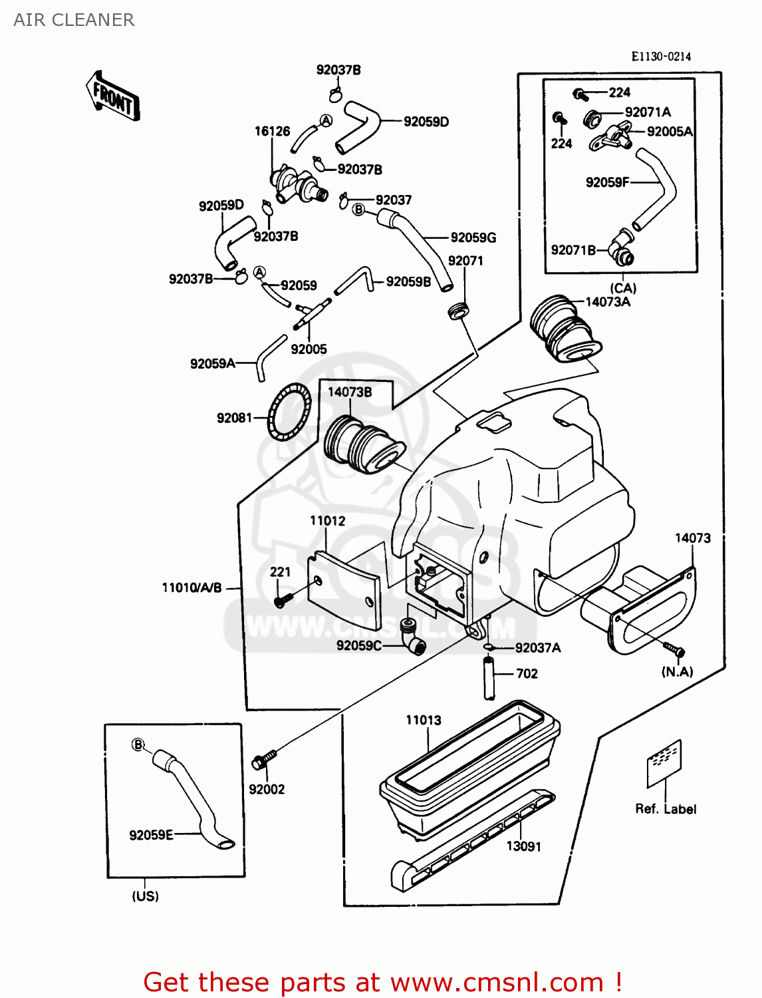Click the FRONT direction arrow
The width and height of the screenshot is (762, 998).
click(x=112, y=96)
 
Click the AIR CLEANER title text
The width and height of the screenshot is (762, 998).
click(x=74, y=20)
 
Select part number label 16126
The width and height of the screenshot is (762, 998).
click(x=272, y=131)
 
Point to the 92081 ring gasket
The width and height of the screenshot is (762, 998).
click(x=289, y=412)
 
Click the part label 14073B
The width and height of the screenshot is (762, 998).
click(x=349, y=392)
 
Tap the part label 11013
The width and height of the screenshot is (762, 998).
click(x=424, y=720)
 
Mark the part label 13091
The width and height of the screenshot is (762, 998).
click(x=523, y=846)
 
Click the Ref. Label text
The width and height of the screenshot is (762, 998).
click(x=665, y=809)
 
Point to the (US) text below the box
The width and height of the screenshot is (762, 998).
click(x=145, y=896)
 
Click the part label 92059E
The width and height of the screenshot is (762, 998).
click(x=151, y=835)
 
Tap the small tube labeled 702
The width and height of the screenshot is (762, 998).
click(x=489, y=677)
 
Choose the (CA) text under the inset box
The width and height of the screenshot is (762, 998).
click(x=623, y=288)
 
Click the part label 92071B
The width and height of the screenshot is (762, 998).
click(x=573, y=250)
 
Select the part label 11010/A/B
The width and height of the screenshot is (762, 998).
click(x=191, y=587)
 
